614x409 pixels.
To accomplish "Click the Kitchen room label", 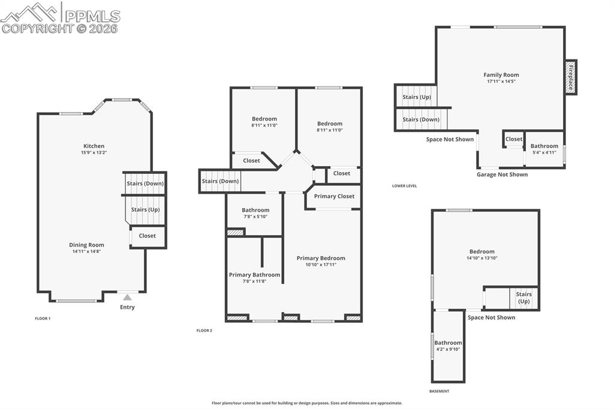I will tap(94, 146).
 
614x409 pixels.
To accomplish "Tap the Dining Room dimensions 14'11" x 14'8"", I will tap(87, 252).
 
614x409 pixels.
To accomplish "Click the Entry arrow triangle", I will tap(127, 297).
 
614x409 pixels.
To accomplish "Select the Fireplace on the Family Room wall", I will tap(570, 77).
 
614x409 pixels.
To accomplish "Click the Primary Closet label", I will tap(334, 196).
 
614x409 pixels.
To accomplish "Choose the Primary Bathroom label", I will tap(254, 275).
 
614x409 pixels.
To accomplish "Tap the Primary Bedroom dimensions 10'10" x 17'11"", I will tap(321, 264).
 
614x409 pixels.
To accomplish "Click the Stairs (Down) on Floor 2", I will tap(220, 181).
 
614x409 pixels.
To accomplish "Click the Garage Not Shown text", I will tap(502, 175).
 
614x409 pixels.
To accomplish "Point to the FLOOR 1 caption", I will tap(43, 318).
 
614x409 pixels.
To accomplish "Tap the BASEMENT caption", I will tap(438, 391).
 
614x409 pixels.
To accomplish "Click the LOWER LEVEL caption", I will tap(404, 186).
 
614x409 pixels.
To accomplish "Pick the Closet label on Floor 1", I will tap(147, 236).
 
